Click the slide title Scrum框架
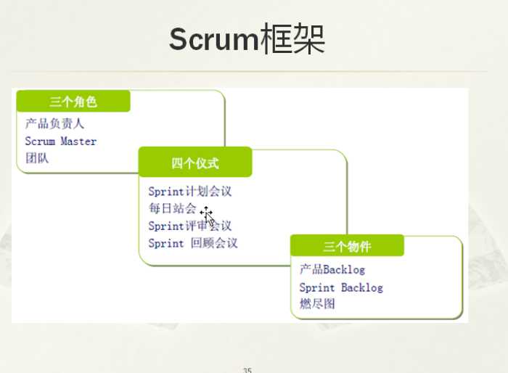(x=247, y=39)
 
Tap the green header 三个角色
(x=73, y=102)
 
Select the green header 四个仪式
(x=195, y=163)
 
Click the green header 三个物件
(x=347, y=247)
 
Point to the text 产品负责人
(x=54, y=123)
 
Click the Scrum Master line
(x=60, y=141)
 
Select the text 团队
(x=36, y=158)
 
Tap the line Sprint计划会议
(x=189, y=192)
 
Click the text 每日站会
(x=172, y=209)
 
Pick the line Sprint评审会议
(x=189, y=226)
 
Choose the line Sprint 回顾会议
(x=192, y=243)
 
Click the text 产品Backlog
(x=332, y=270)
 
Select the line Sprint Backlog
(x=341, y=287)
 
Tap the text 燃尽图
(x=317, y=304)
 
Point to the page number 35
(x=247, y=370)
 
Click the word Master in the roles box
(x=78, y=141)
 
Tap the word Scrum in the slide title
(x=213, y=39)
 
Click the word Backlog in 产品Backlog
(x=344, y=270)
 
